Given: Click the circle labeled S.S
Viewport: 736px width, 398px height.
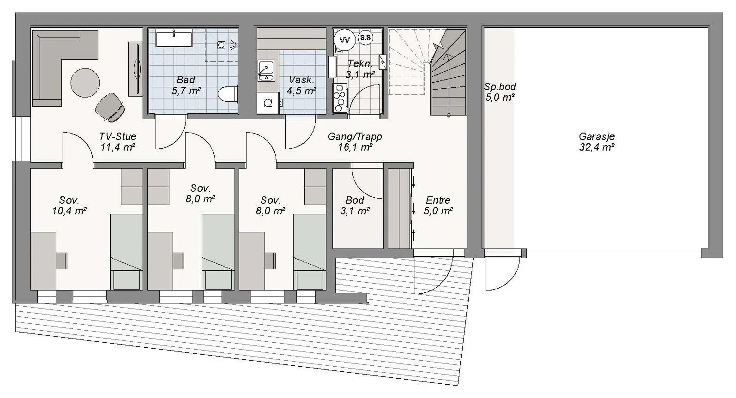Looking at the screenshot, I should tap(366, 37).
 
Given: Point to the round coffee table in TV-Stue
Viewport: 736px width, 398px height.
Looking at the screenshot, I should tap(85, 83).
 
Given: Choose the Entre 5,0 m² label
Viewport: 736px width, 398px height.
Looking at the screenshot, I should tap(438, 205).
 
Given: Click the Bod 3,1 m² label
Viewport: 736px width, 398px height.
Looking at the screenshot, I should tap(355, 205).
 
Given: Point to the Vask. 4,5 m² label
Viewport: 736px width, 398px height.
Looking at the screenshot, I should tap(301, 85).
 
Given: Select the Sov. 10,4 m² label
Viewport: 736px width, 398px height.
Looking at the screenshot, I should tap(69, 205).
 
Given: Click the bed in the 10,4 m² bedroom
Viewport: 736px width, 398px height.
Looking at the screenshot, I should tap(126, 251).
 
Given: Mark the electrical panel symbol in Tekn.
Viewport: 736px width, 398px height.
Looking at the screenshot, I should tap(383, 62).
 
